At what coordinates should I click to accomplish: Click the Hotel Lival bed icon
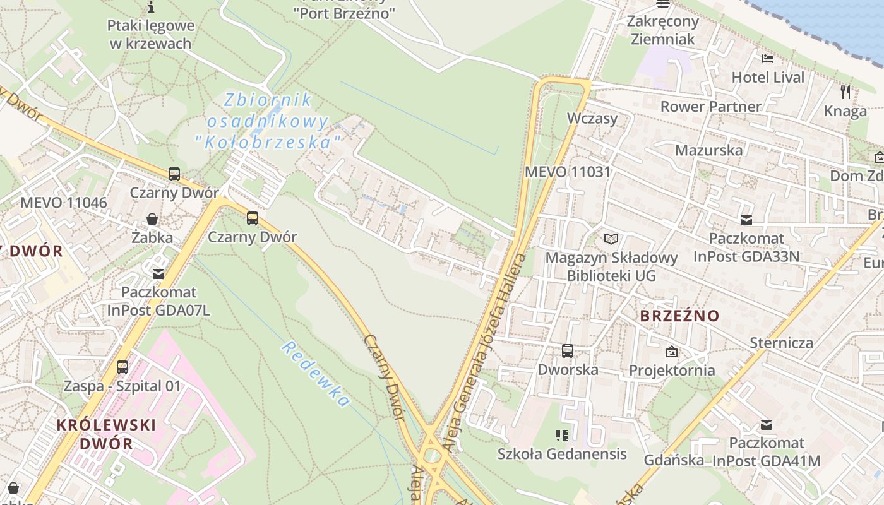coord(768,59)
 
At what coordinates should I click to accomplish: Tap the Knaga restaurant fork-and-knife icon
coord(845,92)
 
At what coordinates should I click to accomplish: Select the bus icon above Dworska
coord(568,351)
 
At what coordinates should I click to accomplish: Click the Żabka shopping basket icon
coord(152,219)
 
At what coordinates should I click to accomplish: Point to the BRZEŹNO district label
coord(679,316)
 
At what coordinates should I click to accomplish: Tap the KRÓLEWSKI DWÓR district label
coord(106,434)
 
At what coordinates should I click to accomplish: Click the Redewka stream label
coord(316,374)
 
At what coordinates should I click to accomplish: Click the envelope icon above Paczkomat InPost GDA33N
coord(746,220)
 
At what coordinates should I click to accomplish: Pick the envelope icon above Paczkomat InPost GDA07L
coord(158,274)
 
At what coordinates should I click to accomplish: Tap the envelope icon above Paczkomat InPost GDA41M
coord(767,425)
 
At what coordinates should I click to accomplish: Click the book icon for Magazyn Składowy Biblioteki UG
coord(611,239)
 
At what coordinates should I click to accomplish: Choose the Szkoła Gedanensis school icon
coord(561,435)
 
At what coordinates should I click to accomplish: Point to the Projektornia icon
coord(672,352)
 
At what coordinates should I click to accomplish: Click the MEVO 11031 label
coord(568,172)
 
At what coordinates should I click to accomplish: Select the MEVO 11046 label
coord(64,203)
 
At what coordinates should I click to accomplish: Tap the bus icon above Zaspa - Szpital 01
coord(122,367)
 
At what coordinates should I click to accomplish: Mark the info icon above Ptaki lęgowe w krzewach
coord(151,8)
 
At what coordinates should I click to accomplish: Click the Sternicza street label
coord(781,343)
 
